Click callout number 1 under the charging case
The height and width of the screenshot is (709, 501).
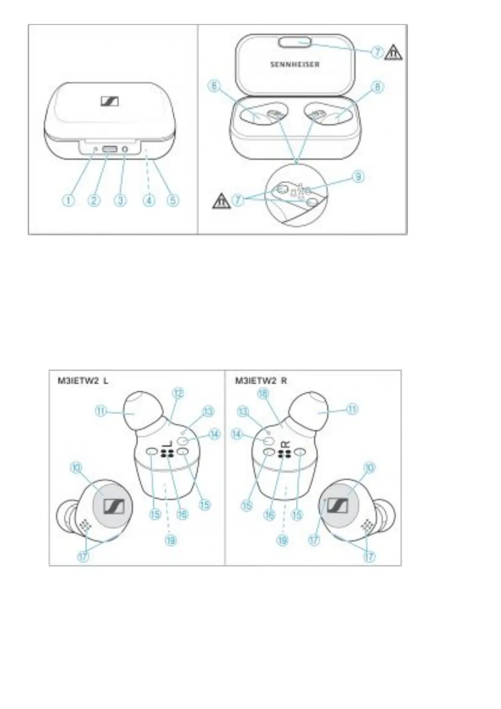[x=69, y=200]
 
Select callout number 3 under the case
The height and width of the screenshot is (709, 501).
[x=120, y=200]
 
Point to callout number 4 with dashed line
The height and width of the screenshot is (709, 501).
[x=148, y=200]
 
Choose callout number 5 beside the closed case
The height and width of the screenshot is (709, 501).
[x=173, y=200]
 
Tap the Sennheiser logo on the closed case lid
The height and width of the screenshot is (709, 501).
[x=110, y=101]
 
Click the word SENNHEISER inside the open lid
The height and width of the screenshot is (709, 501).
[x=295, y=64]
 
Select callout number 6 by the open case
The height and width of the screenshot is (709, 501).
[x=214, y=87]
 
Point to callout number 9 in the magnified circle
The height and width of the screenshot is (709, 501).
[x=358, y=176]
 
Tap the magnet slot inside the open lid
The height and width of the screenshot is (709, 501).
[x=295, y=42]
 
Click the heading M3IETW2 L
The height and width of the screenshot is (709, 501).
[x=83, y=381]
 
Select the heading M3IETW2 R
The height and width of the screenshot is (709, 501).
[x=261, y=381]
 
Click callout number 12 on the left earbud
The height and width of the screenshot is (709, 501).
[x=179, y=394]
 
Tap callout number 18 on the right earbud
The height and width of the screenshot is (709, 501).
[x=263, y=394]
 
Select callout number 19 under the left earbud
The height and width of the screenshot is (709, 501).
[x=171, y=540]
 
